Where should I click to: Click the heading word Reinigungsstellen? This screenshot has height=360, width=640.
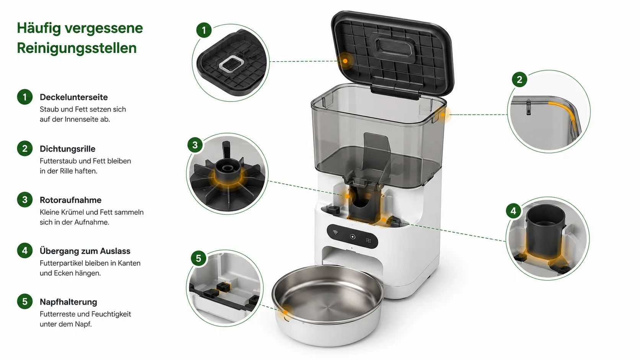coord(77,48)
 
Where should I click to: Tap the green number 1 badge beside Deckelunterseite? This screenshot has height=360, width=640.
coord(24,97)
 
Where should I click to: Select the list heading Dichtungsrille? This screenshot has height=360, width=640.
coord(67,149)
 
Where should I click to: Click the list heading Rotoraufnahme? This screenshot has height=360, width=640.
coord(70,200)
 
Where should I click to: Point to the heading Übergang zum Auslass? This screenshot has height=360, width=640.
coord(85,251)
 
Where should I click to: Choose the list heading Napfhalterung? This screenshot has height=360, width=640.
coord(68,302)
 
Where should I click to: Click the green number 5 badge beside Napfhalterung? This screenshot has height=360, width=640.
coord(24,301)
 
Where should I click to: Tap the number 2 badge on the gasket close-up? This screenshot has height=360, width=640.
coord(519,79)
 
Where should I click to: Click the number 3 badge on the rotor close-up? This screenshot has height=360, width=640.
coord(195,145)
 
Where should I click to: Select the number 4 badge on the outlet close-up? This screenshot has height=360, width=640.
coord(513,211)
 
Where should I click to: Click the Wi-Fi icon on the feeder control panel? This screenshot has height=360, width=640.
coord(335,232)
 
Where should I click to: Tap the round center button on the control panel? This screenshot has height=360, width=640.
coord(353,237)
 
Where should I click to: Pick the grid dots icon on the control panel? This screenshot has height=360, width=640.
coord(369,241)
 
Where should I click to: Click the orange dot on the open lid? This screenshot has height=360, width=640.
coord(345,61)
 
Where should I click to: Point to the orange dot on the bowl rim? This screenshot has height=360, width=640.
coord(286,312)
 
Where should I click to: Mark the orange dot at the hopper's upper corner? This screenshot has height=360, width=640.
coord(442,115)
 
